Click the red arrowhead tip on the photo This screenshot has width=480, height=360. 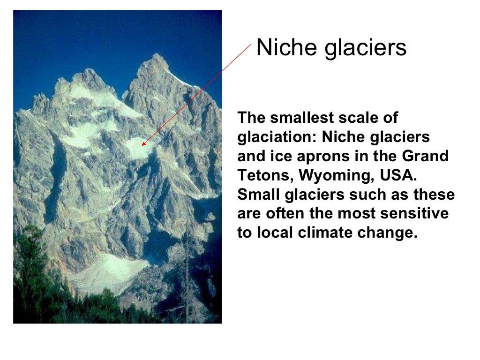coord(142,146)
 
